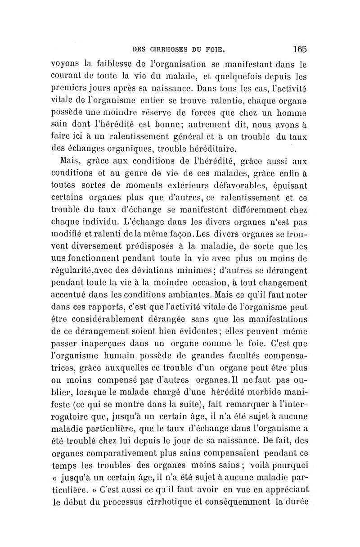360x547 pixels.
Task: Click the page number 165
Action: pos(299,49)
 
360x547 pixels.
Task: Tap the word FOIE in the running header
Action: pos(221,49)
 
